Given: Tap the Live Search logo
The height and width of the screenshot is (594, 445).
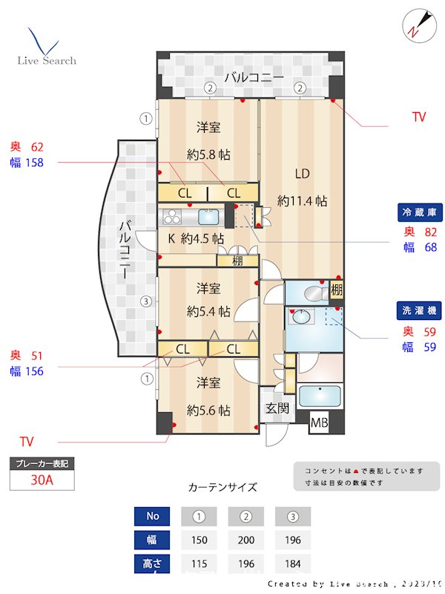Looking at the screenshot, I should click(x=46, y=49).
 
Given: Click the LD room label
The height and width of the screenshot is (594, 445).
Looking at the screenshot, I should click(x=302, y=174).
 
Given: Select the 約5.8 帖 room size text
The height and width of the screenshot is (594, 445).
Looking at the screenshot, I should click(x=208, y=155).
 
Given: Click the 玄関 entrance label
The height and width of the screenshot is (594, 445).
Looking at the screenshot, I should click(x=278, y=408).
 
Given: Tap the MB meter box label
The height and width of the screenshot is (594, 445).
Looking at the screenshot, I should click(x=319, y=424).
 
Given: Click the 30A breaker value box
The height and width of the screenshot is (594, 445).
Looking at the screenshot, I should click(x=42, y=480).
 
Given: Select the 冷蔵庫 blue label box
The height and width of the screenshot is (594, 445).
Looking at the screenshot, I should click(x=421, y=212).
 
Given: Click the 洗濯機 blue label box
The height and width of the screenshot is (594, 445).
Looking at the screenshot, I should click(x=421, y=311).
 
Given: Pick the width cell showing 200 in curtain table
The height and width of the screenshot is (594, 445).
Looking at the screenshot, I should click(x=245, y=541).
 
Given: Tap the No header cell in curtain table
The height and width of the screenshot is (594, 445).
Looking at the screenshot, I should click(x=153, y=516).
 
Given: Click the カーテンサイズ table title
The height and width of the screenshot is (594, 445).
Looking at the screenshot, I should click(x=222, y=487).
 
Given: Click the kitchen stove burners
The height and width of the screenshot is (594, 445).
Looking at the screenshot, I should click(x=172, y=217).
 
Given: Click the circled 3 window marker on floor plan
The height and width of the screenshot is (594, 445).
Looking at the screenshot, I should click(x=147, y=301).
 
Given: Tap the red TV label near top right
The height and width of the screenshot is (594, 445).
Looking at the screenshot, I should click(x=419, y=117).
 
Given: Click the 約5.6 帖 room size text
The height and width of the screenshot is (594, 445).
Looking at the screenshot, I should click(x=208, y=410).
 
